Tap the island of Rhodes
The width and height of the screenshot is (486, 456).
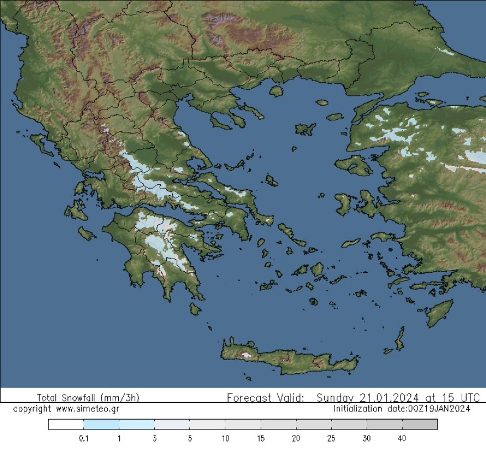pos(440,313)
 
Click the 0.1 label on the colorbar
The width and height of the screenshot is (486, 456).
pos(84,439)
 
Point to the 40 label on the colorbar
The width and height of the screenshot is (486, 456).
pos(402,439)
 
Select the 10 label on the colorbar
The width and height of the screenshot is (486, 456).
pos(225,439)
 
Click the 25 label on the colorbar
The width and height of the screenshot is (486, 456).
pos(331,439)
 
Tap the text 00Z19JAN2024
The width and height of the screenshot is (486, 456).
pos(439,409)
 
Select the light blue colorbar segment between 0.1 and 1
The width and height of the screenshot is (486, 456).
pos(101,425)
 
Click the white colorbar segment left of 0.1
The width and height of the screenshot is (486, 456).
pos(66,425)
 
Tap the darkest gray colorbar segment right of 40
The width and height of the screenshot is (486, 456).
pos(420,425)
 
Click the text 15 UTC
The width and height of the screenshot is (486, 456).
pos(461,398)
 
